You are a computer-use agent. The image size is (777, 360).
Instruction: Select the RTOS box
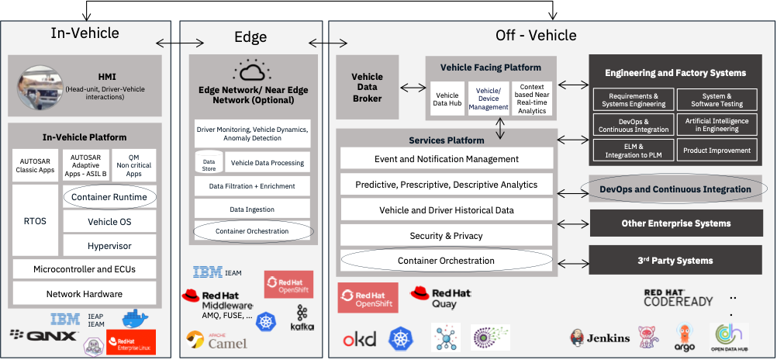(36, 221)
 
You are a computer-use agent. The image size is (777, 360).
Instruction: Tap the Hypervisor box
(109, 246)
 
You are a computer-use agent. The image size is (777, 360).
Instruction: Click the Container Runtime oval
(109, 197)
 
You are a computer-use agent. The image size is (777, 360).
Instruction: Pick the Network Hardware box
(84, 294)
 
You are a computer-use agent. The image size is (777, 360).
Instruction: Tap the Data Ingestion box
(251, 209)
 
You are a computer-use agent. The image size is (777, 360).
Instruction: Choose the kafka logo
(302, 318)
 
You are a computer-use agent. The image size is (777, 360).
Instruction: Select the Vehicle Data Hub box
(447, 99)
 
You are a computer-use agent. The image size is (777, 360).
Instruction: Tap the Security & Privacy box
(446, 235)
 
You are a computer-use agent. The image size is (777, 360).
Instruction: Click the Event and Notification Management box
(446, 159)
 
